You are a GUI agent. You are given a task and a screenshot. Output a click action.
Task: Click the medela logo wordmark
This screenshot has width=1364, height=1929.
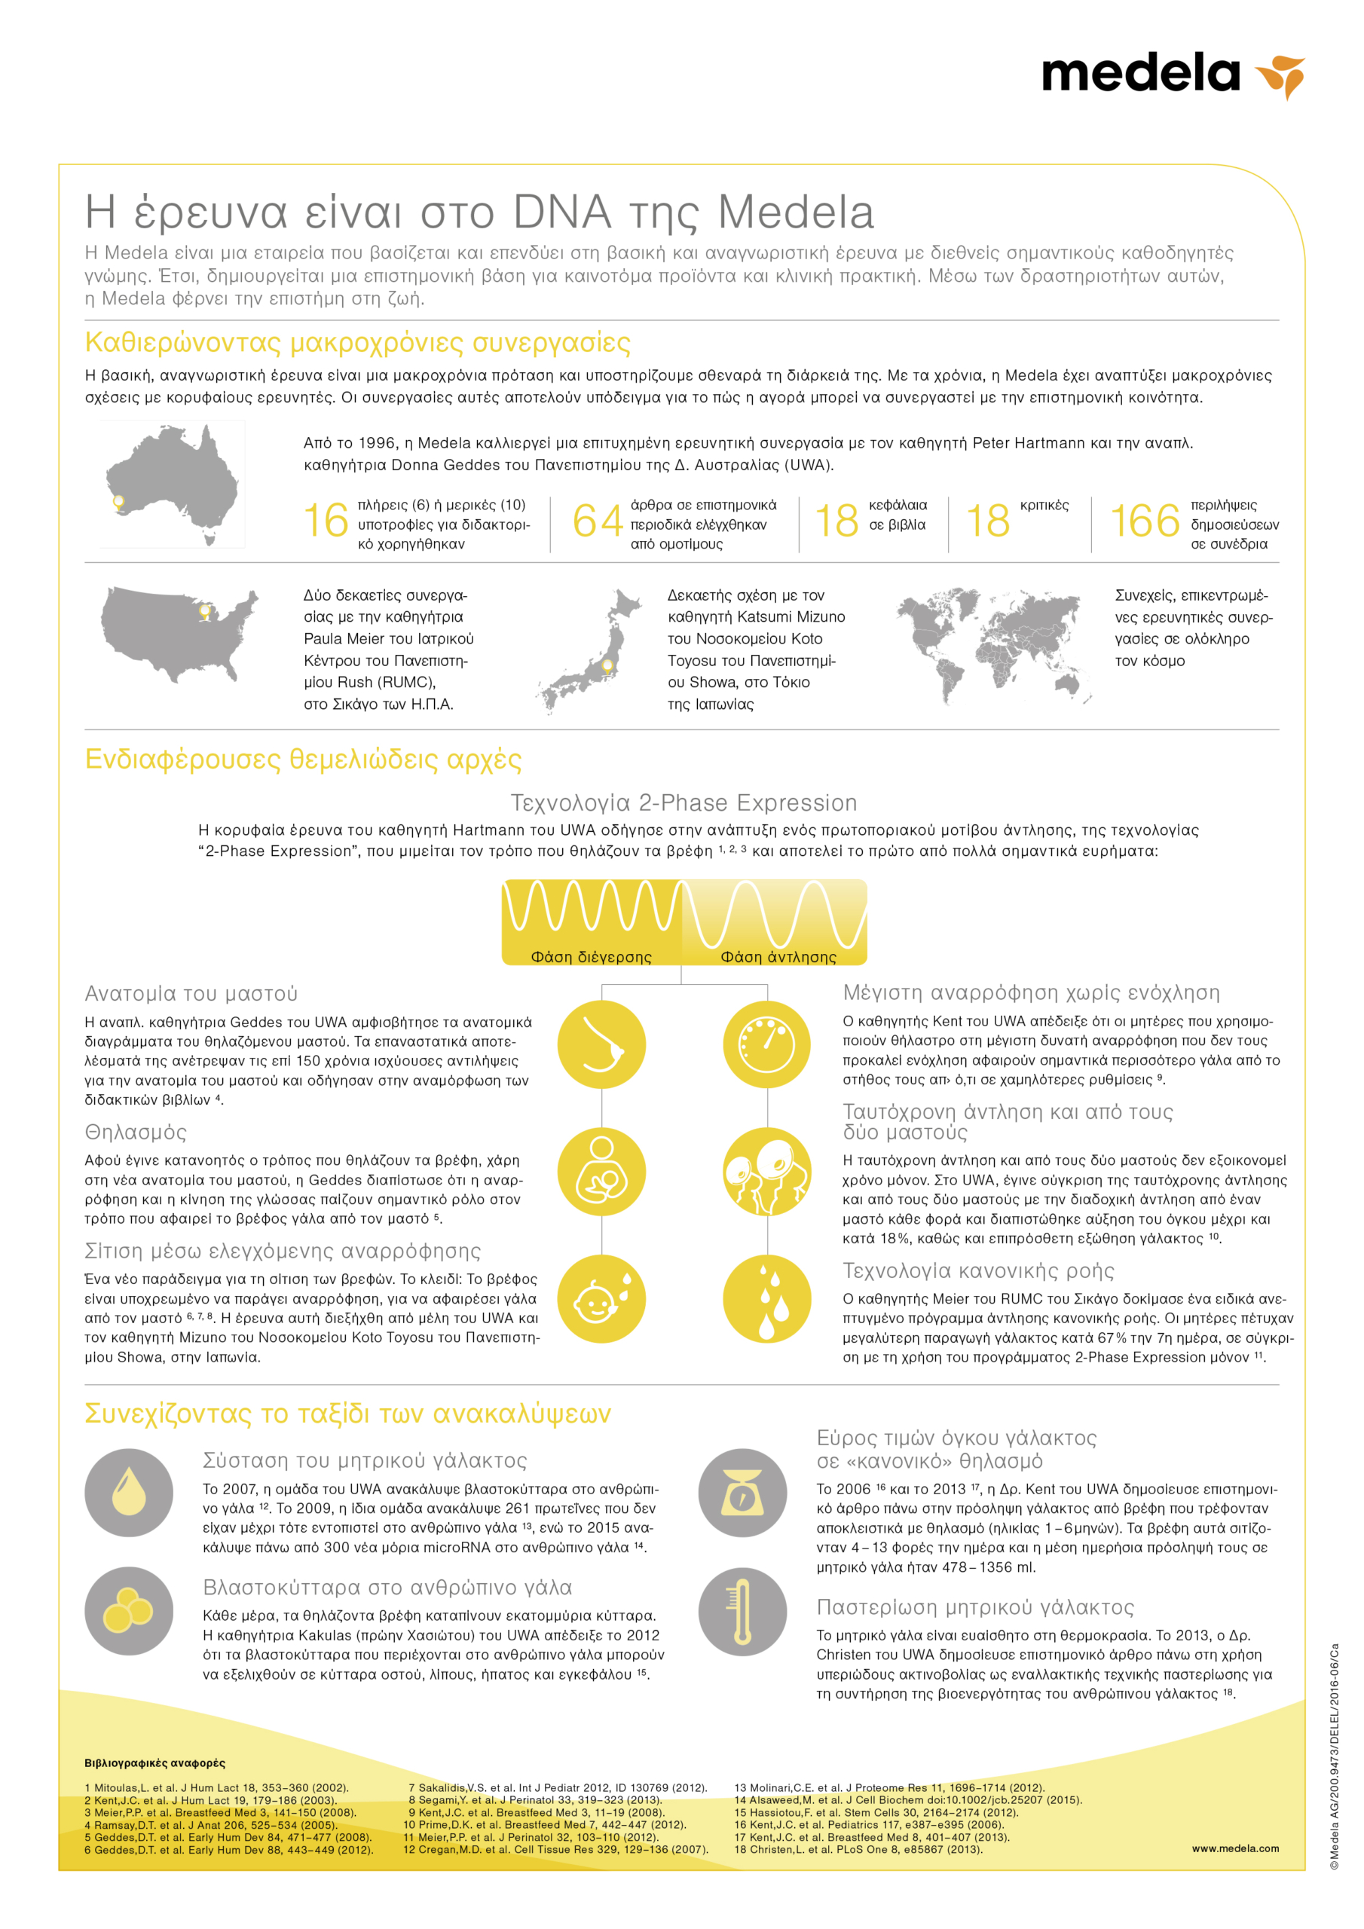[x=1139, y=74]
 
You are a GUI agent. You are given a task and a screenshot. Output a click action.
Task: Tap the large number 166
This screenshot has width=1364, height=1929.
[x=1144, y=521]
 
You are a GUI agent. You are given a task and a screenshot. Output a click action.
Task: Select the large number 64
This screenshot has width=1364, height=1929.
[x=597, y=521]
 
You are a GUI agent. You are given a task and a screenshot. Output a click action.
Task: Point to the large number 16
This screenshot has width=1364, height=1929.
[x=326, y=521]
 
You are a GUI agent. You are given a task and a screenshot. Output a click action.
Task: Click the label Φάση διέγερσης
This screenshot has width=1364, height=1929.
[x=591, y=957]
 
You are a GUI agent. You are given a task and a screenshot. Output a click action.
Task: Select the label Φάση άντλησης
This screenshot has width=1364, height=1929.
[x=778, y=957]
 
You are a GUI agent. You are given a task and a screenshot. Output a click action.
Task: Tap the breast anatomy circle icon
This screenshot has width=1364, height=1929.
[x=601, y=1044]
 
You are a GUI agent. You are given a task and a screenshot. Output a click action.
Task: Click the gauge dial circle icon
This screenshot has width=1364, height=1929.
[x=766, y=1044]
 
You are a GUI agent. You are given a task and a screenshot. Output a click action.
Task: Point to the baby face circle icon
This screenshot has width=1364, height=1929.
[x=601, y=1299]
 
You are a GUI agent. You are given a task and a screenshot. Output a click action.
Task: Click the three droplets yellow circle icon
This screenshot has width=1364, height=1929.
[x=766, y=1299]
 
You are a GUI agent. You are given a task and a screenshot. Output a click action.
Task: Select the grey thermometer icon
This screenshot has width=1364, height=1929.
[x=742, y=1612]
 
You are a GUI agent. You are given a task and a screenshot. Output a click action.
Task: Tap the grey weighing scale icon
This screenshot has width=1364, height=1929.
[x=742, y=1493]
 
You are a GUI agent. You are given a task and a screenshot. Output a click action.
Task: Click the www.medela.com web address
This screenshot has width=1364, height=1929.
[x=1234, y=1848]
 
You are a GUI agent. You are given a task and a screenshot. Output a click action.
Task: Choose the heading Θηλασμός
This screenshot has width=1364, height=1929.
[x=136, y=1133]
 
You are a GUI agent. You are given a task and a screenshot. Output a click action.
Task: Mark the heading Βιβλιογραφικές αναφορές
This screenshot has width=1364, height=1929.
[x=154, y=1762]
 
